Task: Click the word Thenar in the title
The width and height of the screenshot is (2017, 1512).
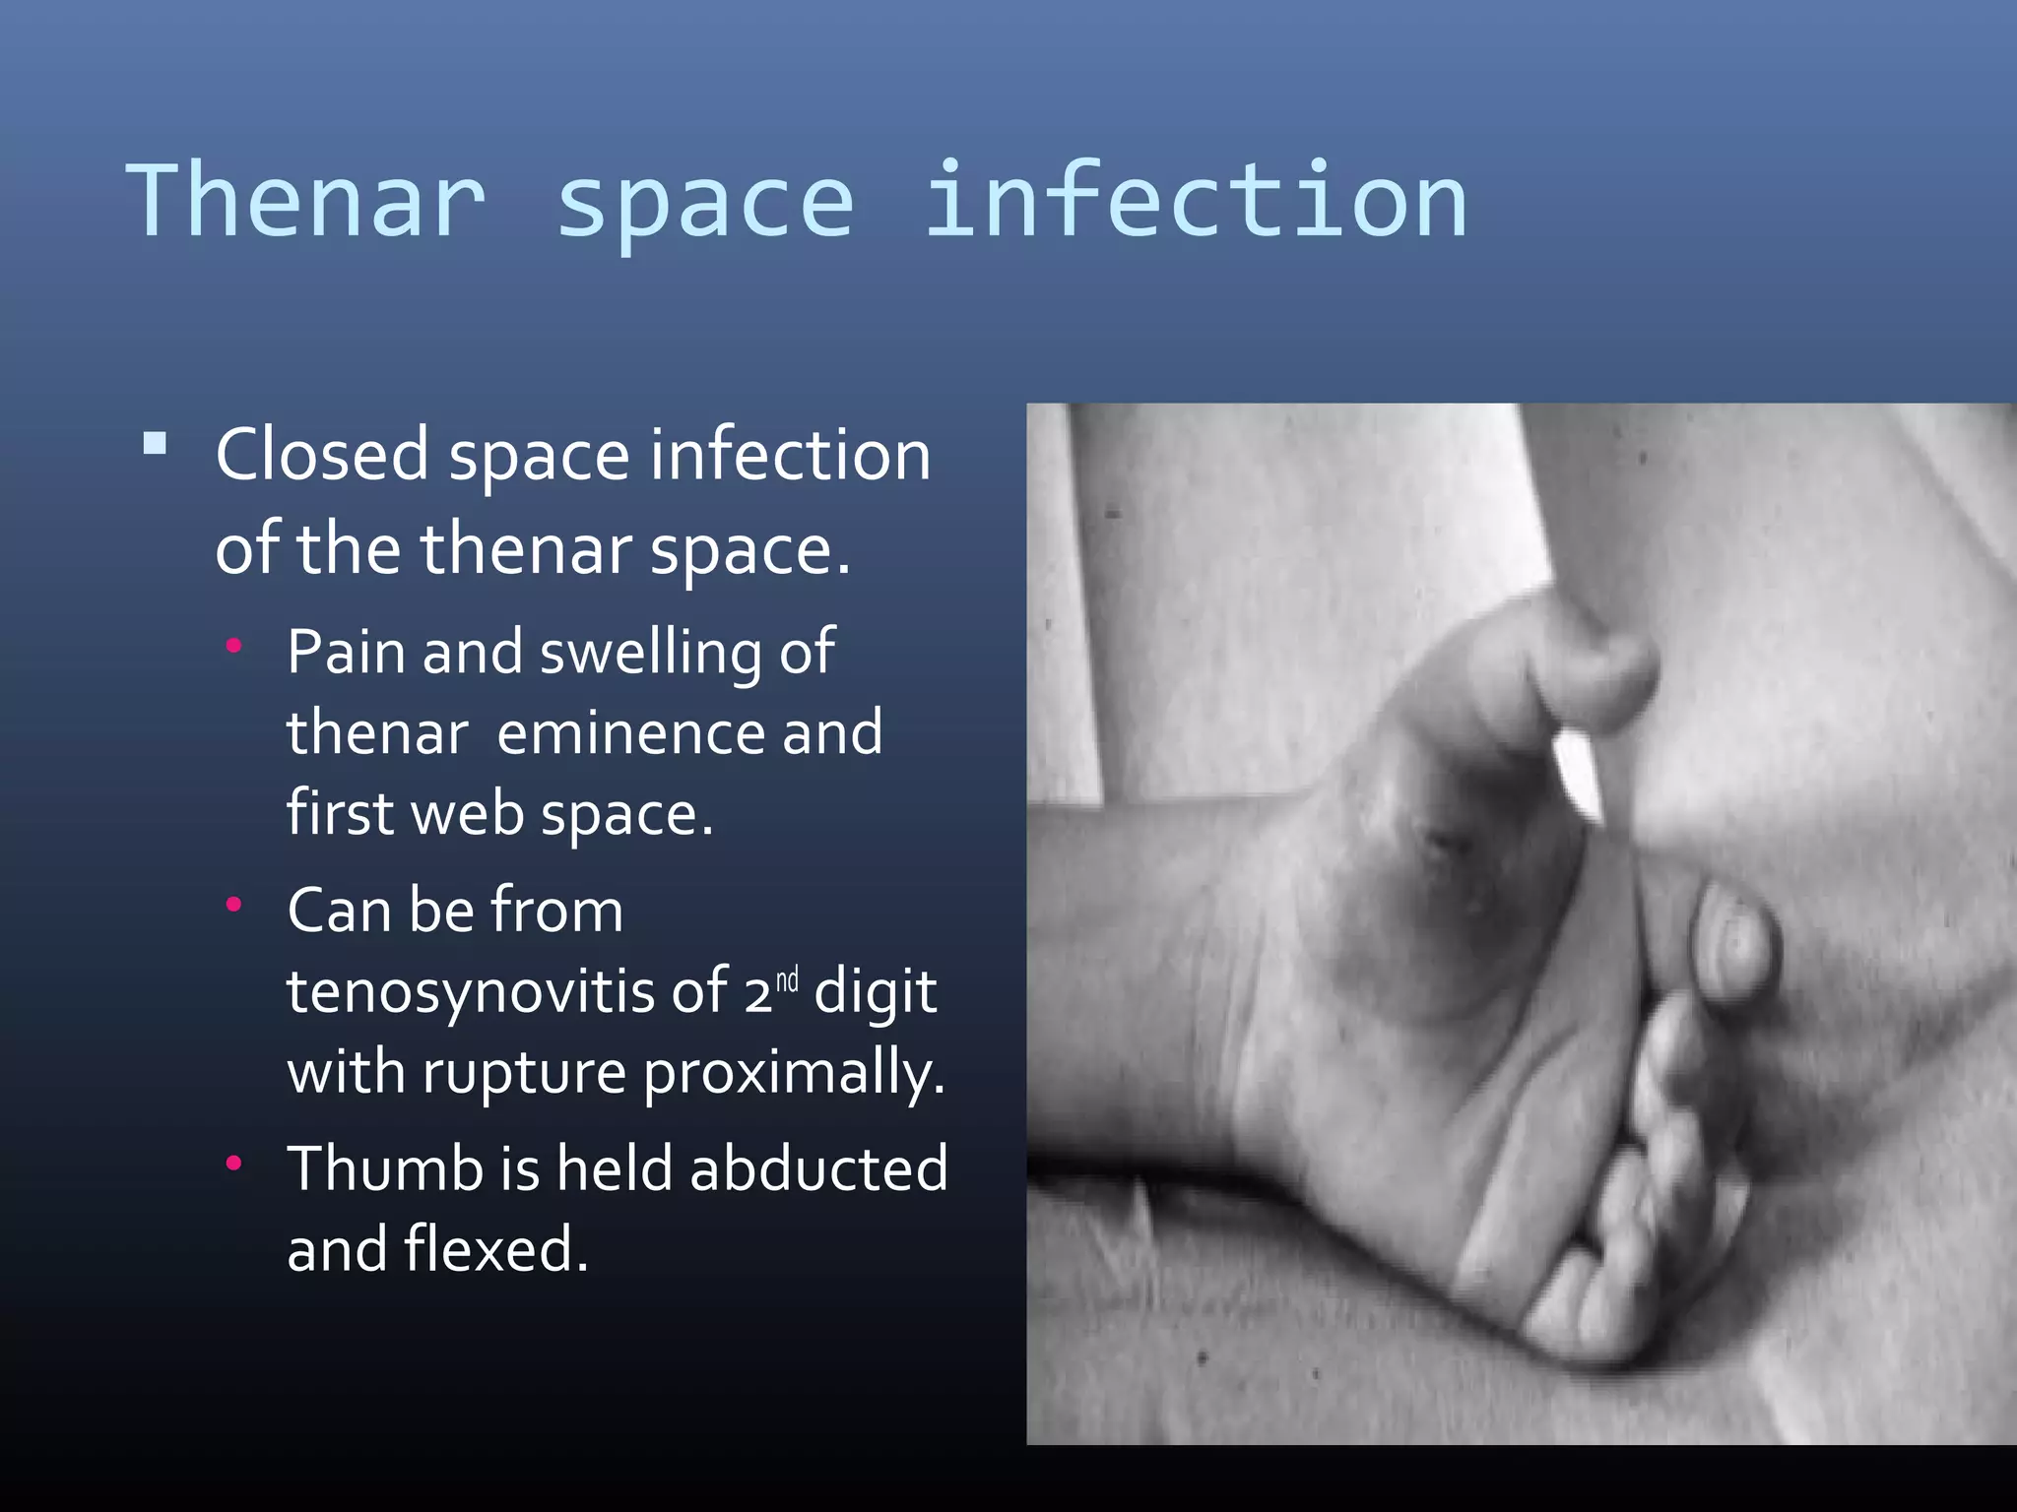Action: (306, 202)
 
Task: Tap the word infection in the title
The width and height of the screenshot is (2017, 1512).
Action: (1196, 202)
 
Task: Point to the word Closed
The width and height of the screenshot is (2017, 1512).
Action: (322, 455)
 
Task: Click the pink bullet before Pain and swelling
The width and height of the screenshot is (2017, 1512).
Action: (233, 647)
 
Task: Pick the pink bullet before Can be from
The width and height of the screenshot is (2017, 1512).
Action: (233, 905)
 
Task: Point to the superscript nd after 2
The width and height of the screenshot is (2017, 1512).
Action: (787, 980)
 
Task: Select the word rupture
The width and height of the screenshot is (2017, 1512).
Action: (525, 1073)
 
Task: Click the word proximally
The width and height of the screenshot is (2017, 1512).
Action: (794, 1073)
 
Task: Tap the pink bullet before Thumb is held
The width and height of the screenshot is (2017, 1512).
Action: (233, 1164)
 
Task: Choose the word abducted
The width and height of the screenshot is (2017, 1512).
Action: (818, 1169)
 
